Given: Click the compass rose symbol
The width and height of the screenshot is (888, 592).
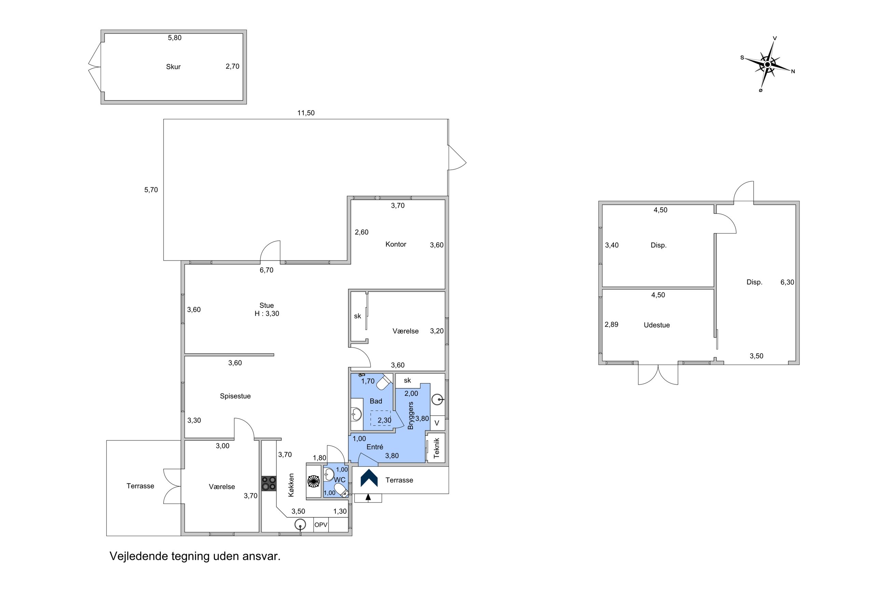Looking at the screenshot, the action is point(767,65).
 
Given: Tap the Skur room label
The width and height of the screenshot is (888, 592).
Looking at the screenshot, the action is point(173,67).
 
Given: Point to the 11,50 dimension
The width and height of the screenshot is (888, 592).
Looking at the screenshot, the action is point(306,113).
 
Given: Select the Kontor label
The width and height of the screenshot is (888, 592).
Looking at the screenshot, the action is point(396,244).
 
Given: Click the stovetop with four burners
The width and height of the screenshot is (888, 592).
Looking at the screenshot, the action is point(269,484).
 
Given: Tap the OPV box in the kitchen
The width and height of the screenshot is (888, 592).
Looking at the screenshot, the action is point(321,525).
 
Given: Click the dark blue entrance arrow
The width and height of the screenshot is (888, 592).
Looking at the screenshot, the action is point(369,478).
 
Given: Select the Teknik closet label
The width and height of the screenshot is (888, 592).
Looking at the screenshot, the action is point(436,448).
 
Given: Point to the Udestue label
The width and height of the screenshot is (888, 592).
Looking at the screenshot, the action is point(657,325).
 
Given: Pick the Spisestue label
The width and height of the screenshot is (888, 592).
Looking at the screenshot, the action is point(235,396).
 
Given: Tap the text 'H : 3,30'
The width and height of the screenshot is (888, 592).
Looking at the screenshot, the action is point(267,314).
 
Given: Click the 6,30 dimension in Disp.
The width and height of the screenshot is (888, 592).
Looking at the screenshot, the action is point(787,282).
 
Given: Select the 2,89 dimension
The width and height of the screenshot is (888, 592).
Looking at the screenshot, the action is point(611,324).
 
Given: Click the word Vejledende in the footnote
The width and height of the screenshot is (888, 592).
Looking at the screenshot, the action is point(139,556).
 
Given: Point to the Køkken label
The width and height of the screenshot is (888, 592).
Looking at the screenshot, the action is point(291,485).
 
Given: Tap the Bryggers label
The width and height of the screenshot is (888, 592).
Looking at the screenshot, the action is point(411,415).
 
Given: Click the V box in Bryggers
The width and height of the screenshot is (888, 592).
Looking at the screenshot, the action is point(437,423).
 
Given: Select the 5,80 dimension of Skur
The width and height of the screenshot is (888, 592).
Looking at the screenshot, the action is point(175,38).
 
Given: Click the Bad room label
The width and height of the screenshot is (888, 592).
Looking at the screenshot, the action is point(376,401).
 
